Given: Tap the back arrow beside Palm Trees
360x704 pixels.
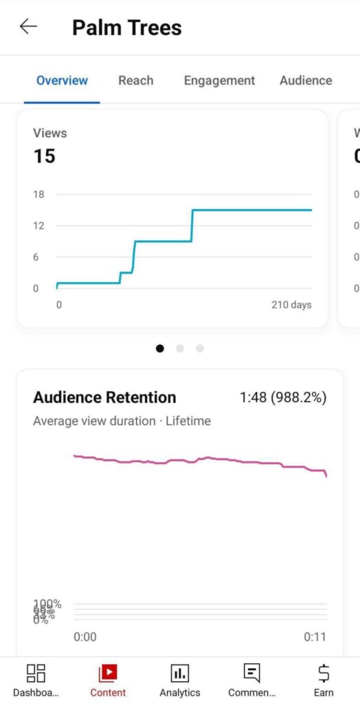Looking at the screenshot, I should tap(28, 27).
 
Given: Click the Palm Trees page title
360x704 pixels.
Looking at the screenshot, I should tap(127, 27).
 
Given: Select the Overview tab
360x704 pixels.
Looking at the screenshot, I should tap(62, 80).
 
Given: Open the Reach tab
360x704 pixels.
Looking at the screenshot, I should tap(135, 80).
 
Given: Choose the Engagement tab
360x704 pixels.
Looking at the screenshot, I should tap(219, 80).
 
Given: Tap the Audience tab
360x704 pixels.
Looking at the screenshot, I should tap(306, 80).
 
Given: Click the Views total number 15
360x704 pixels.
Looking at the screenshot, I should tap(44, 156).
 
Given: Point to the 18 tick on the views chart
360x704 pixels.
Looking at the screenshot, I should tap(38, 195).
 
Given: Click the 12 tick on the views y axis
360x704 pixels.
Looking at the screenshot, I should tap(38, 225).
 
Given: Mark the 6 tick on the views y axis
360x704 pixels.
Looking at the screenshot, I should tap(36, 257).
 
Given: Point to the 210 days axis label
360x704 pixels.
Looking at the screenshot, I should tap(291, 305).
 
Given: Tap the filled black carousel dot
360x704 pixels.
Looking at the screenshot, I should tap(160, 349).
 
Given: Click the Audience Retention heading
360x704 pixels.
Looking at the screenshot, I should tap(104, 397).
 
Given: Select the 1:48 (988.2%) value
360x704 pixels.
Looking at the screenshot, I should tap(283, 397).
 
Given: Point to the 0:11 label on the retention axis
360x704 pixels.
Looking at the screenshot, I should tap(315, 637).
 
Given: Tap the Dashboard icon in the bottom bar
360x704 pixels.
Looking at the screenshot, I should tap(36, 672).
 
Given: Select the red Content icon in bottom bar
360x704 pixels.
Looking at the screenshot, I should tap(108, 672).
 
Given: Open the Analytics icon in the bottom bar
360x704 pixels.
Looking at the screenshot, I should tap(180, 672).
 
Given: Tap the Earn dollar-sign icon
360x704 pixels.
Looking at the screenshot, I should tap(324, 672).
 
